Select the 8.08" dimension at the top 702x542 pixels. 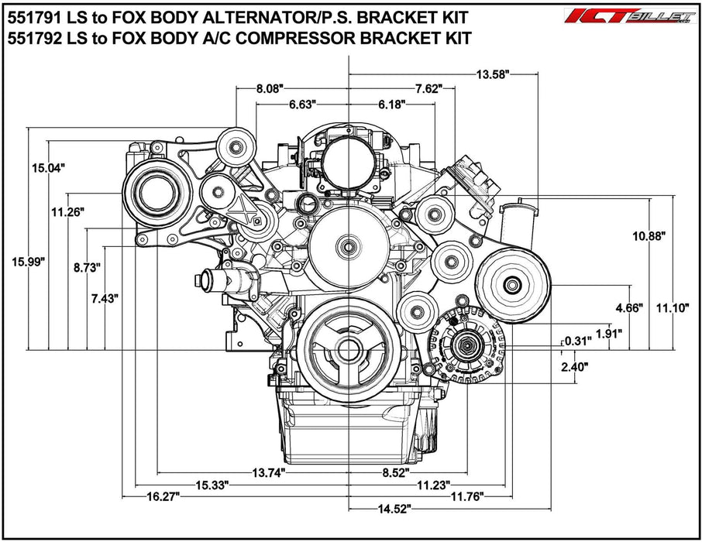tap(273, 89)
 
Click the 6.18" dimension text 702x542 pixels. tap(392, 105)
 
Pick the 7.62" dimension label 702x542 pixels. tap(429, 89)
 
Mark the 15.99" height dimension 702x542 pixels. tap(29, 262)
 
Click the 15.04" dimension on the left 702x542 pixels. tap(48, 167)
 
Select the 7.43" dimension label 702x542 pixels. tap(105, 299)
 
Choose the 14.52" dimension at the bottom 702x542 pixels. tap(391, 508)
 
